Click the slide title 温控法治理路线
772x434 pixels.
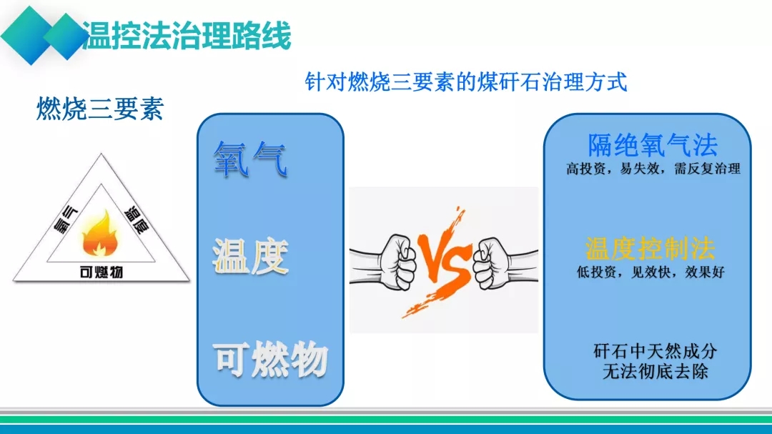[x=187, y=35]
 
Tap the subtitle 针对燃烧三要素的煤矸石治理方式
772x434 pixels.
[x=466, y=82]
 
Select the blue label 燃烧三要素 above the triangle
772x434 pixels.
[x=100, y=109]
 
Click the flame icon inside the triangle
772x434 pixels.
[x=100, y=234]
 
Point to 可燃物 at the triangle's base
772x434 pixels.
[x=101, y=272]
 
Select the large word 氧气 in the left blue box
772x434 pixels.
[x=250, y=159]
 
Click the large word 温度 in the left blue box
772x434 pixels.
[x=250, y=256]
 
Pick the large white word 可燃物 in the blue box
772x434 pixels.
[x=270, y=360]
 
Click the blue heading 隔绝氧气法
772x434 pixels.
[x=653, y=145]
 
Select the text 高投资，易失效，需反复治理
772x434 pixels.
[x=653, y=169]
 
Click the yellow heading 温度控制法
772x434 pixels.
[x=650, y=248]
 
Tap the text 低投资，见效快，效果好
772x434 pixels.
[x=650, y=272]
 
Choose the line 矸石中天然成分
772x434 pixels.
[x=655, y=351]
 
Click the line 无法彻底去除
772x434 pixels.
[x=655, y=371]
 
